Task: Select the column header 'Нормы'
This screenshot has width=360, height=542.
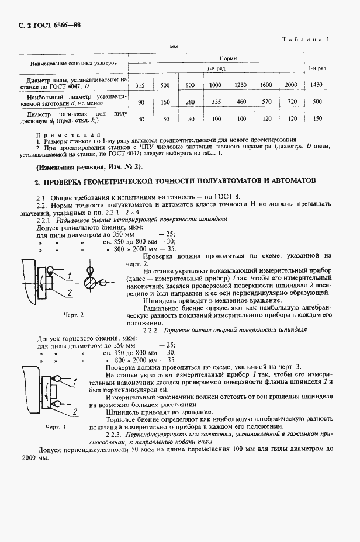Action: (227, 59)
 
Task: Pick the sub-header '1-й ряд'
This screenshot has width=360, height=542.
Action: (212, 69)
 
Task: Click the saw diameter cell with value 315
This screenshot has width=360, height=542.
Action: (140, 85)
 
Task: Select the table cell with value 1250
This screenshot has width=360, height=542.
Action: (240, 85)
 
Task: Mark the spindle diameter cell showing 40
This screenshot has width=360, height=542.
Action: (140, 119)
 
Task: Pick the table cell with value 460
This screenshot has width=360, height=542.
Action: (240, 102)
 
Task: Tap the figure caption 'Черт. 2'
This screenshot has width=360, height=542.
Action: (74, 315)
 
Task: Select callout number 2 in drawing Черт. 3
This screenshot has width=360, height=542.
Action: (75, 412)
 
